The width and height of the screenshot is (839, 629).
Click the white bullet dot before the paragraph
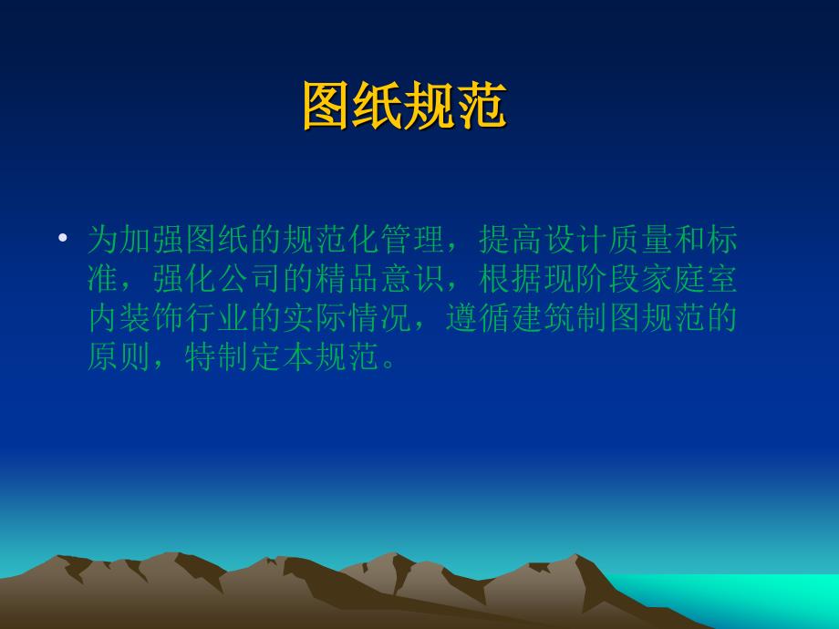click(63, 237)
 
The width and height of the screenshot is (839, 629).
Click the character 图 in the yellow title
click(327, 106)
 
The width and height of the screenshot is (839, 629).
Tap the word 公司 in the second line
click(251, 279)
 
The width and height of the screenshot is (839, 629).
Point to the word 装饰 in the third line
click(152, 318)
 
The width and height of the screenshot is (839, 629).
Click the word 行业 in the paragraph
click(218, 318)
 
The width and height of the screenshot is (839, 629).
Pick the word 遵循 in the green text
click(479, 318)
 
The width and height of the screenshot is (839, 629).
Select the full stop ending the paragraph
click(388, 366)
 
